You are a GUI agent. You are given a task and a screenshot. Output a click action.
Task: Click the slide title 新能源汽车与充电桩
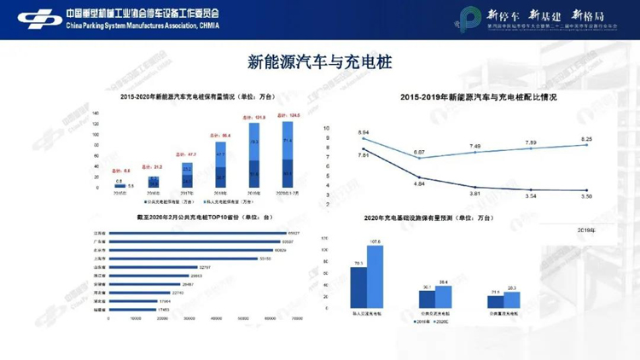click(320, 61)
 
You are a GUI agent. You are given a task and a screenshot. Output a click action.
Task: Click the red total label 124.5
click(288, 116)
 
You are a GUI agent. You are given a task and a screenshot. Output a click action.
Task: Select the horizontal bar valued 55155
click(184, 258)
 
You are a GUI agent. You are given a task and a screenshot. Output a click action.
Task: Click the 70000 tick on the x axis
click(297, 318)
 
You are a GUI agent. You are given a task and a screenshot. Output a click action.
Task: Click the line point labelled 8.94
click(364, 139)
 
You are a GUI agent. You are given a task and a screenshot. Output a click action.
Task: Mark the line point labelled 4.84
click(419, 177)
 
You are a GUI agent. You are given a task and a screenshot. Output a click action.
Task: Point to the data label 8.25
click(586, 138)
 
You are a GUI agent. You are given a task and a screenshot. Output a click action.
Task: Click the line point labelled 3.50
click(585, 190)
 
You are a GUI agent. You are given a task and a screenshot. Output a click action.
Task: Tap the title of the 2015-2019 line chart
click(478, 97)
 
